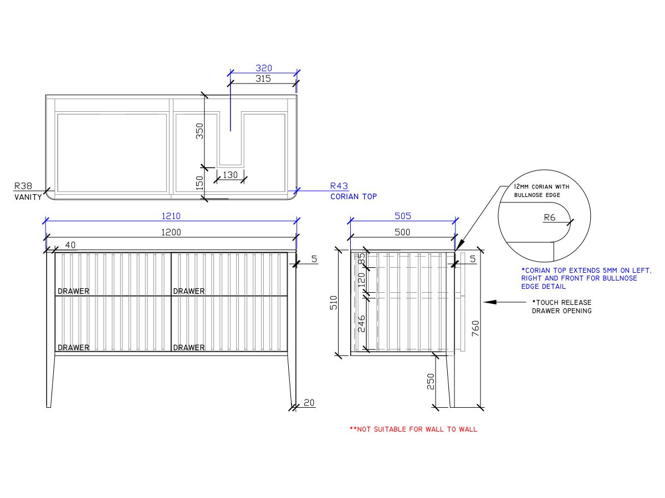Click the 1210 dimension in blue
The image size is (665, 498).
pos(171,216)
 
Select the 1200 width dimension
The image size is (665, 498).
pos(171,232)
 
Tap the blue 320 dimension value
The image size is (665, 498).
pos(263,68)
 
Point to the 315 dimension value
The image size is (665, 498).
pos(263,79)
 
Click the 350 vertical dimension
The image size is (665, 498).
pos(200,131)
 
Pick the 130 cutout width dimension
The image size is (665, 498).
pos(230,175)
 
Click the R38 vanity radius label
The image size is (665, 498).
pos(23,186)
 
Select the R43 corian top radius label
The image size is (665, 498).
pos(339,186)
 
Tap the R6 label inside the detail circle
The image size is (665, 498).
pos(549,218)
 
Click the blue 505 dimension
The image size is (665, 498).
pos(402,216)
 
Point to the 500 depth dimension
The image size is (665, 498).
pos(402,232)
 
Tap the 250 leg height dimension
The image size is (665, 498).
pos(431,381)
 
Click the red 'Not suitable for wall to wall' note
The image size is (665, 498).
pos(413,429)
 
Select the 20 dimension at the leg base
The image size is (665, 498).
pos(309,403)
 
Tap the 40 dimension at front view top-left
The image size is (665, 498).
pos(70,245)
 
